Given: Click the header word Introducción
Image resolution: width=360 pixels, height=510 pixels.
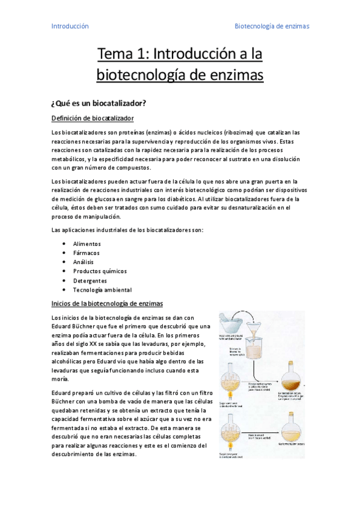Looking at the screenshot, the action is click(x=70, y=26).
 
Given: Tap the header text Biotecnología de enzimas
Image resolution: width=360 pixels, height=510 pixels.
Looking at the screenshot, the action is click(x=271, y=26).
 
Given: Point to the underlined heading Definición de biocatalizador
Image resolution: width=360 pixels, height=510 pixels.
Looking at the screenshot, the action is click(x=93, y=118).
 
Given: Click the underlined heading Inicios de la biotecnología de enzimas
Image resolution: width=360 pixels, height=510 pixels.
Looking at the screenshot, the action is click(x=107, y=303).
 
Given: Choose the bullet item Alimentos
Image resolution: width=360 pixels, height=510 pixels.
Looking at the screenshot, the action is click(x=87, y=244).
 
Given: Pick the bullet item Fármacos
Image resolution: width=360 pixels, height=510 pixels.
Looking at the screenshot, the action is click(x=86, y=253).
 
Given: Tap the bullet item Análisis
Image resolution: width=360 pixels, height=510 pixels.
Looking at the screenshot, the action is click(x=85, y=262).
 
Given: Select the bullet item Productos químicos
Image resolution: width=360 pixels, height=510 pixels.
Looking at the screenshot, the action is click(x=99, y=271).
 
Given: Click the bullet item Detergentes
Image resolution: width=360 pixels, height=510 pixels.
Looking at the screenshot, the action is click(x=90, y=280).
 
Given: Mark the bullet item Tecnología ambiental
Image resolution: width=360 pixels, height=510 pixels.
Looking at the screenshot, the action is click(x=102, y=290).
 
